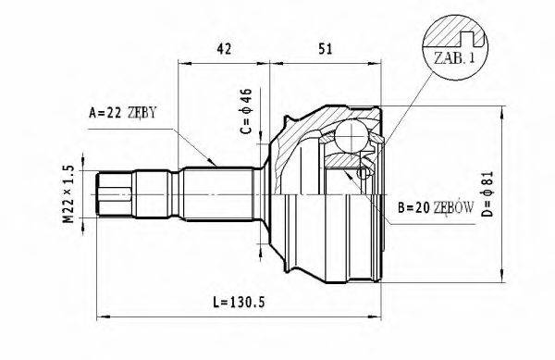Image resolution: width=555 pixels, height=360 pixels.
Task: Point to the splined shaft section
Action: (217, 194)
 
